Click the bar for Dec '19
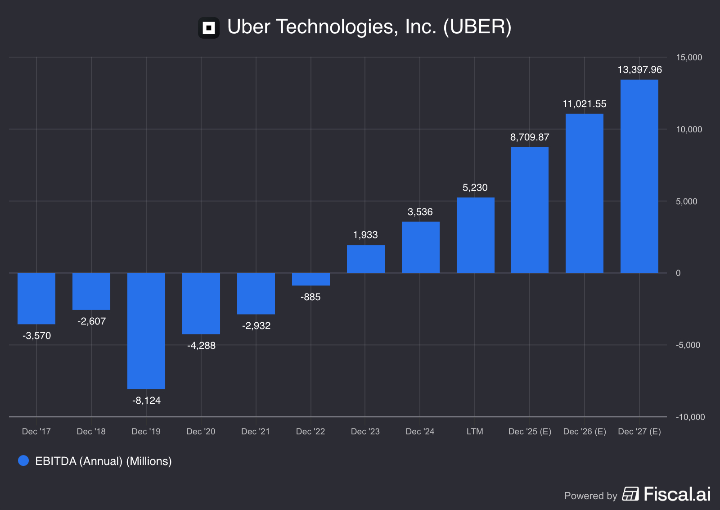(x=146, y=331)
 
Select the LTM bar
(x=475, y=235)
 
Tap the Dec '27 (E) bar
(x=639, y=176)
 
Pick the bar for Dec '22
(x=310, y=279)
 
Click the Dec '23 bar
(x=365, y=259)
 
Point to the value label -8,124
(x=146, y=401)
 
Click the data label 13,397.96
(x=639, y=70)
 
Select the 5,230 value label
(x=475, y=188)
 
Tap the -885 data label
(x=310, y=297)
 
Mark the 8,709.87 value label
(x=530, y=137)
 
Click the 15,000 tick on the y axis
(x=688, y=58)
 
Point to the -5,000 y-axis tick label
(x=688, y=345)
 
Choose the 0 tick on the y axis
(x=678, y=273)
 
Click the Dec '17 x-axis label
(x=36, y=432)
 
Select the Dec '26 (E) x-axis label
(x=585, y=432)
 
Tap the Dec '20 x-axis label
(x=201, y=432)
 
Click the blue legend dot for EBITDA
(x=23, y=460)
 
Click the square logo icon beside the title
(x=209, y=28)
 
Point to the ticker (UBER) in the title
(x=477, y=27)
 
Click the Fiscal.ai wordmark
(x=677, y=494)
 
